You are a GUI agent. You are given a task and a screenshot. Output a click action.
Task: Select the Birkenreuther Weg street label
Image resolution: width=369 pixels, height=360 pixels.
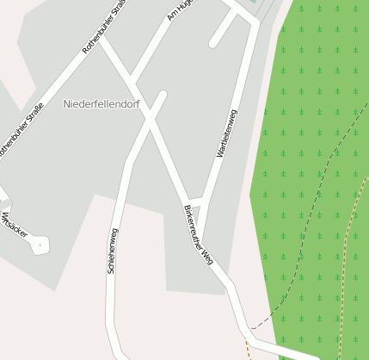[x=198, y=234]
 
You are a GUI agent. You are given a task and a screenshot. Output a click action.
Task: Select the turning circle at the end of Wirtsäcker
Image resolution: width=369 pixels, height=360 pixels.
[x=38, y=246]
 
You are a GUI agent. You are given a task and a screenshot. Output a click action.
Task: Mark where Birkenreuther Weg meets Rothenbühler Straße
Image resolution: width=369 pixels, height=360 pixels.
[x=100, y=39]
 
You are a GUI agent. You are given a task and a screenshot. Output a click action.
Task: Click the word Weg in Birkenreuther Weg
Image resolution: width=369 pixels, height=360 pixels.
[x=206, y=256]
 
